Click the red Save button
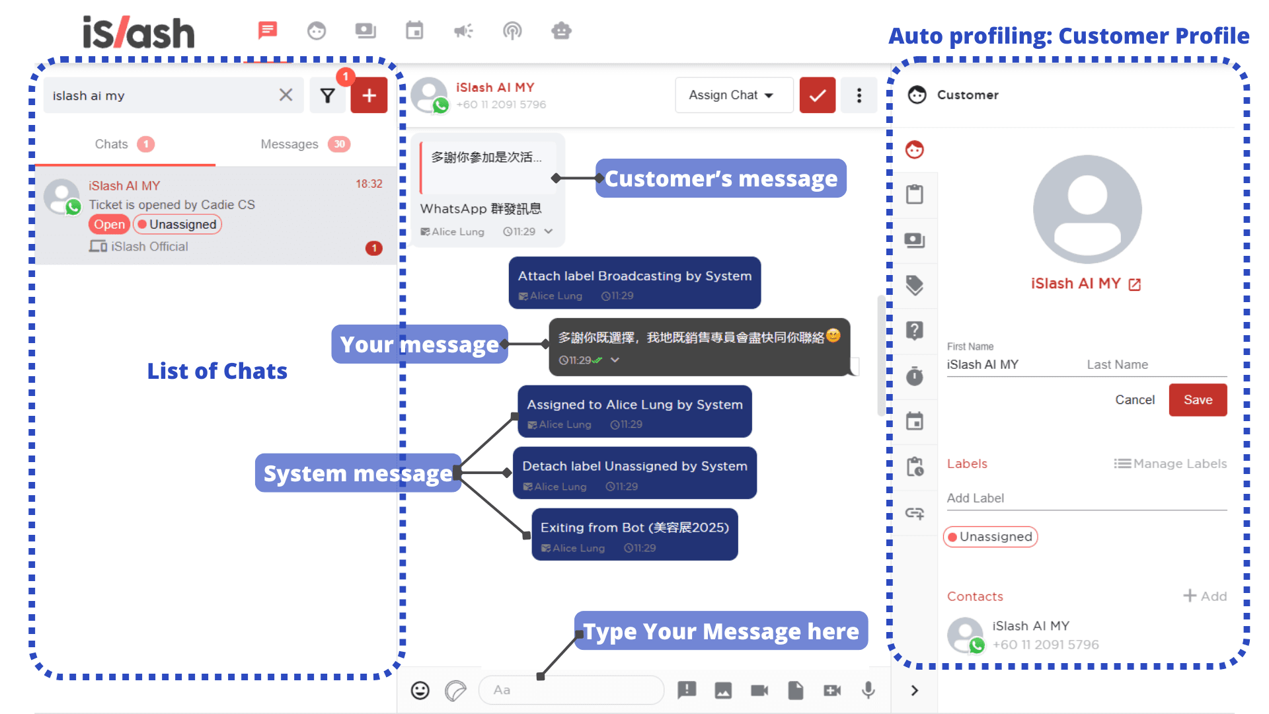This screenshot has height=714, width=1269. pos(1197,400)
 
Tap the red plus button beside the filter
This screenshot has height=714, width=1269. pos(369,96)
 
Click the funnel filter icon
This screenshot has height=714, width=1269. pos(327,96)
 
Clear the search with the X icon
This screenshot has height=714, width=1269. pos(286,95)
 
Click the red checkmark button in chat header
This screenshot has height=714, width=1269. pos(817,96)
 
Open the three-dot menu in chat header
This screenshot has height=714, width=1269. pos(859,96)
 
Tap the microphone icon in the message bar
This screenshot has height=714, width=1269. pos(868,690)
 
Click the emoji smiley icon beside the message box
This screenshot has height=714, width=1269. pos(420,690)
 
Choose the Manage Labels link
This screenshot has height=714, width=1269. pos(1170,464)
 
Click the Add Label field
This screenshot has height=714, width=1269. pos(1086,498)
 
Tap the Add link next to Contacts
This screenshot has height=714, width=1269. pos(1205,596)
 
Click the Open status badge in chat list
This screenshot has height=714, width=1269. pos(109,225)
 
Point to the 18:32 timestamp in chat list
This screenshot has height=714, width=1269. pos(369,184)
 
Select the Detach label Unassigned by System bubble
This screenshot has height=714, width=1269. pos(634,473)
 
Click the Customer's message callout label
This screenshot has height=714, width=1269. pos(720,178)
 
